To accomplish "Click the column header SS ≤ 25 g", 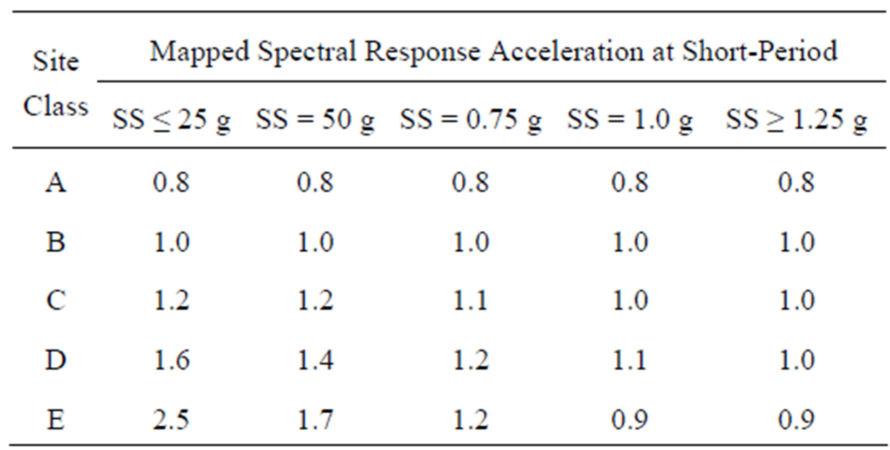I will click(171, 120).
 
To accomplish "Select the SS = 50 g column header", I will click(315, 120).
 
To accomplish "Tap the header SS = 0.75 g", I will click(471, 120).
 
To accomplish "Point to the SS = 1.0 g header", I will click(630, 120).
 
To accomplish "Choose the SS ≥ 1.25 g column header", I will click(796, 120).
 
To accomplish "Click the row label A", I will click(56, 182).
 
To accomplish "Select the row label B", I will click(56, 242).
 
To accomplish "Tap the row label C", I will click(56, 300).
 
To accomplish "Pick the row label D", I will click(56, 360).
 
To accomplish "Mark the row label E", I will click(56, 420).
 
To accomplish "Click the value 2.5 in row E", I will click(171, 420).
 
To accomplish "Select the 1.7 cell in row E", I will click(315, 420).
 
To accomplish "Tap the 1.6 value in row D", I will click(171, 360).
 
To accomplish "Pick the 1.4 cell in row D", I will click(315, 360).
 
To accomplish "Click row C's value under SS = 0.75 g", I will click(471, 300).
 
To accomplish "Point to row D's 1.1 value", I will click(630, 360).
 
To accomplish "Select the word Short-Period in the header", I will click(760, 51).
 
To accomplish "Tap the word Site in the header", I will click(56, 61).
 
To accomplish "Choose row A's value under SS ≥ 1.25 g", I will click(796, 182).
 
